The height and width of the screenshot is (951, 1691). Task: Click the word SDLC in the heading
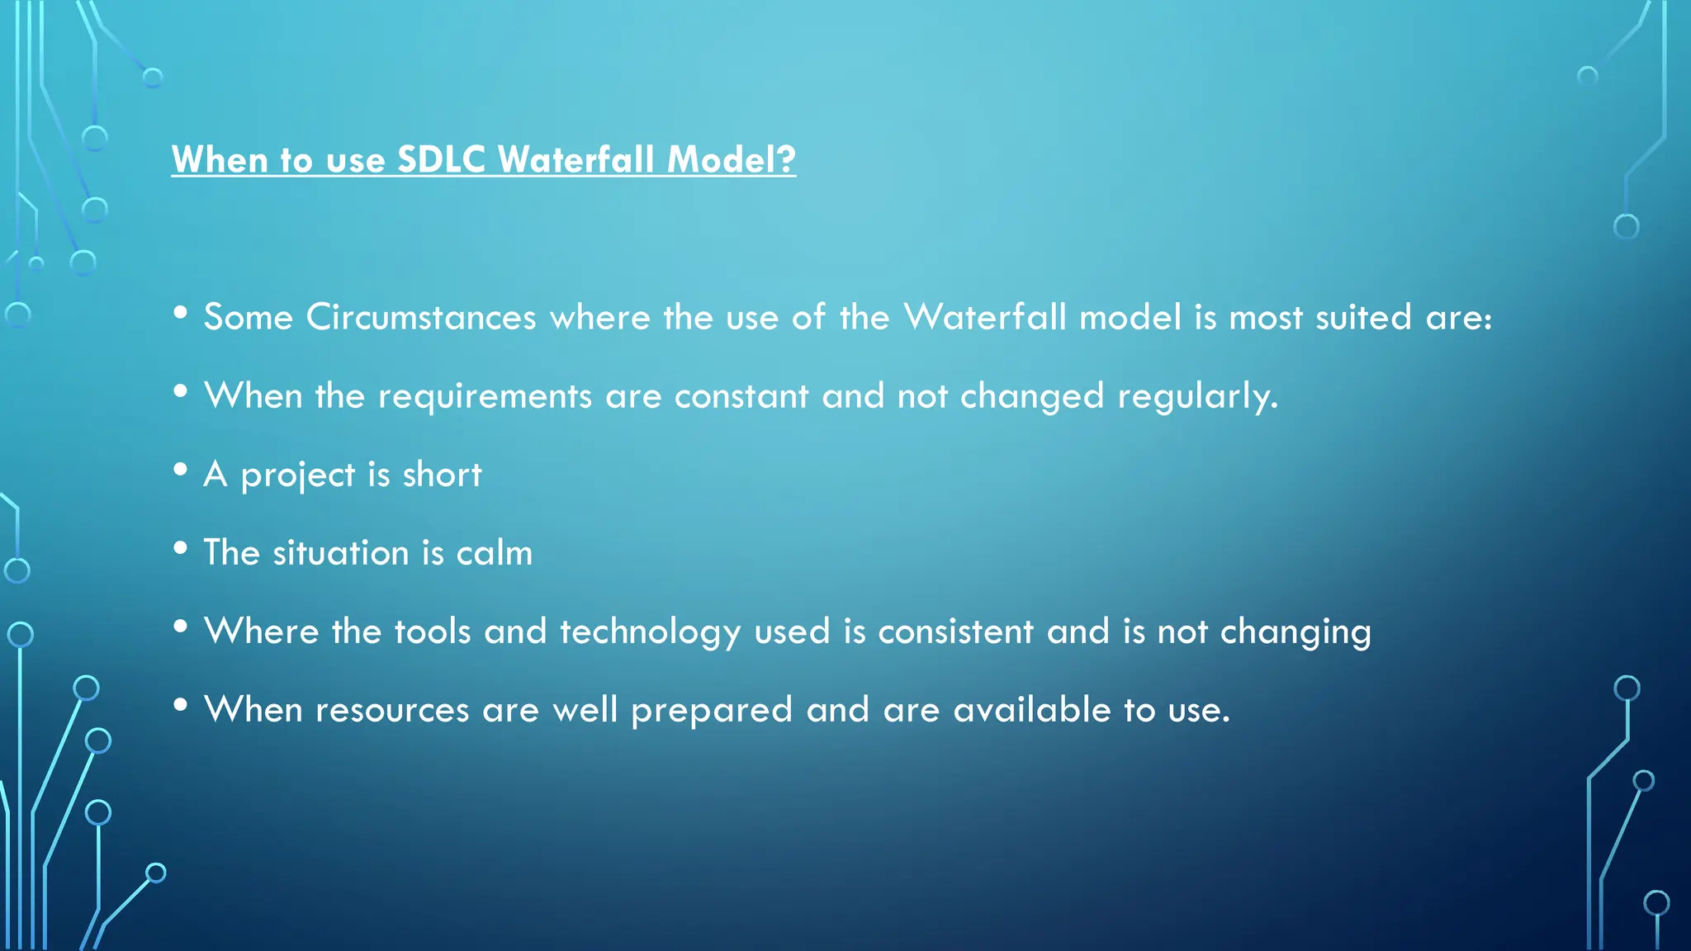click(x=441, y=159)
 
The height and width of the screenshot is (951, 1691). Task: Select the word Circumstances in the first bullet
click(x=421, y=318)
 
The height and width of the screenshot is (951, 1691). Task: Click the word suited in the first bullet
click(x=1363, y=318)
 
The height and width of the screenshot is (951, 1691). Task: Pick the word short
click(x=442, y=475)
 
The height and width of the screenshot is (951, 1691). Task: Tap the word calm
click(x=494, y=553)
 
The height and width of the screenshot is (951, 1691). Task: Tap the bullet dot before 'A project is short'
click(x=181, y=470)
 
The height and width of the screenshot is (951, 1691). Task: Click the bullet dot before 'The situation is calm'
click(x=181, y=548)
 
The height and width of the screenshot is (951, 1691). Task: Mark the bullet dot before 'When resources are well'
click(x=181, y=705)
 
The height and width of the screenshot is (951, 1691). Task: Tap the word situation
click(x=341, y=553)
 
